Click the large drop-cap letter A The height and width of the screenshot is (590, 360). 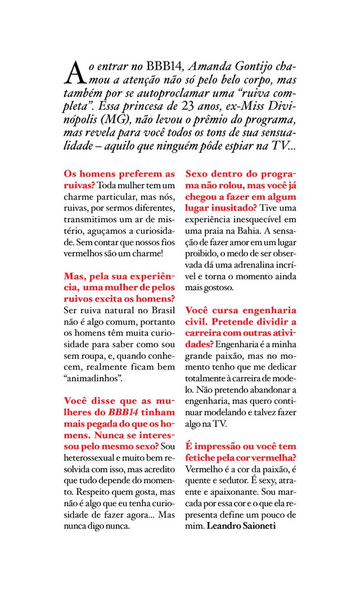tap(74, 71)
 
